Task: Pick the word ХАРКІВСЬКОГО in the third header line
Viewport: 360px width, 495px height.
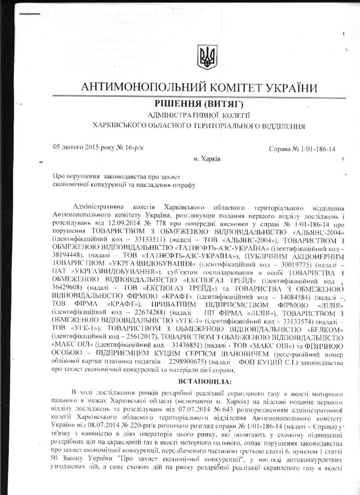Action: point(125,126)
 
